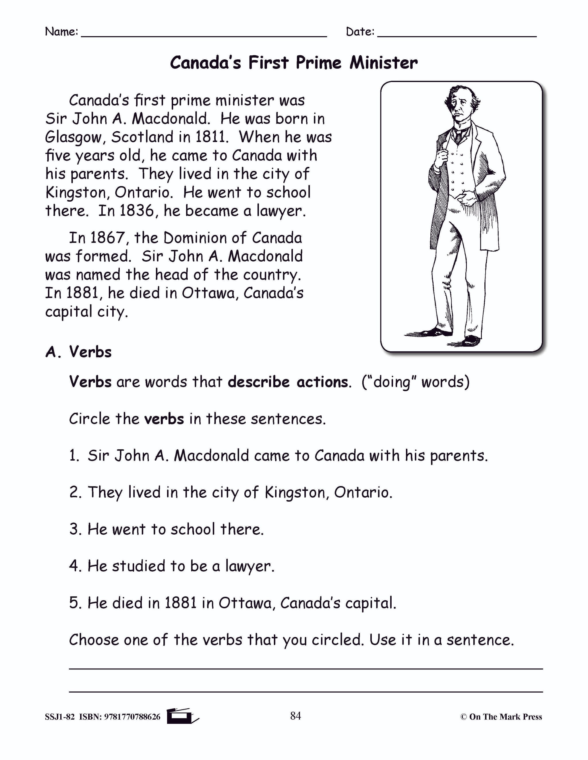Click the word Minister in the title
[x=384, y=63]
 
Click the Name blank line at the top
[x=204, y=35]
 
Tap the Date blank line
[x=457, y=35]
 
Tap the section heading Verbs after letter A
[x=90, y=352]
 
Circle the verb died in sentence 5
[x=127, y=603]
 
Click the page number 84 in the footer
[x=295, y=716]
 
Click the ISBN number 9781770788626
[x=132, y=717]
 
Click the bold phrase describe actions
[x=288, y=382]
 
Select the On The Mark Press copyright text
[x=501, y=717]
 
